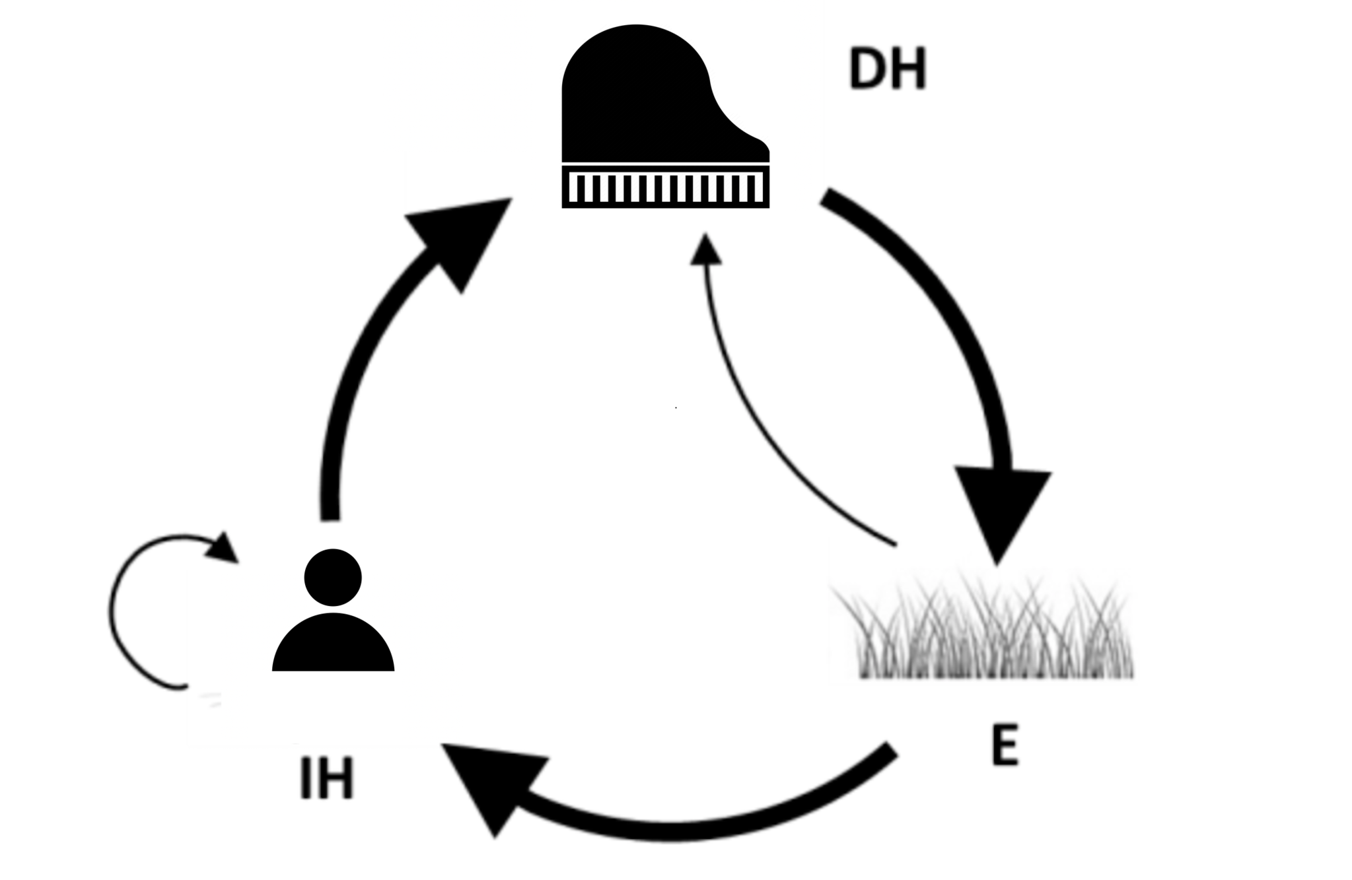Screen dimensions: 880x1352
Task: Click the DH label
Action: [887, 69]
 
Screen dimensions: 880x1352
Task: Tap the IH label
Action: [326, 779]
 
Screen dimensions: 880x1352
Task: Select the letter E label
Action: [1005, 745]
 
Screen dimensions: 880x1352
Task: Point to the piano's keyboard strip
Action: [665, 187]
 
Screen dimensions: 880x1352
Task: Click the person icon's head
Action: [333, 577]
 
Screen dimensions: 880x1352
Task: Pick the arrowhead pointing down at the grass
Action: [1001, 508]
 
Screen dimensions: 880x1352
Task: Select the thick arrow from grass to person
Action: [694, 829]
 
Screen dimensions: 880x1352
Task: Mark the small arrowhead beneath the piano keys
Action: [706, 251]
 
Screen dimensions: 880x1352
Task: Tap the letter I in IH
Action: [305, 779]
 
